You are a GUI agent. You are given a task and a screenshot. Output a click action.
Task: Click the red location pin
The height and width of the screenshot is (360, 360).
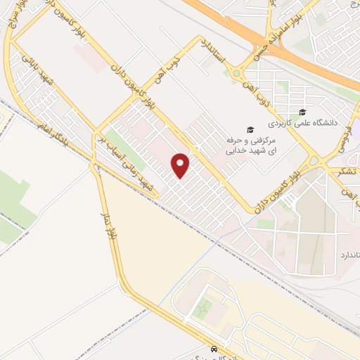(181, 165)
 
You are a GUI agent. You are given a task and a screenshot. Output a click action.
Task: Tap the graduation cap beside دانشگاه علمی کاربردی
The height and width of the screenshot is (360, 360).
(302, 112)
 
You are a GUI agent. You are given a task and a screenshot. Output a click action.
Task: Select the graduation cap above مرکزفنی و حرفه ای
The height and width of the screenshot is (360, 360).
(248, 129)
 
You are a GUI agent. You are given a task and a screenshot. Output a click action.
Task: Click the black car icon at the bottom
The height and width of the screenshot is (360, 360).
(212, 349)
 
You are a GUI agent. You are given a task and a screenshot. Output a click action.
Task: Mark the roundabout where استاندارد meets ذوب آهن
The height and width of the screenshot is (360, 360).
(236, 72)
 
